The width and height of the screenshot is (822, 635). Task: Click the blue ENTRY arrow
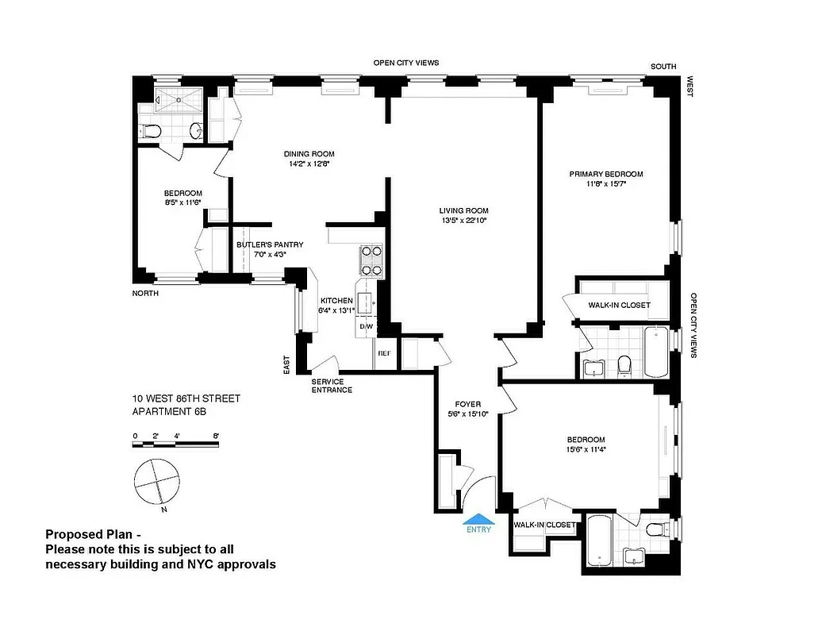(x=479, y=520)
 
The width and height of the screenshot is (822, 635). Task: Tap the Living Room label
(x=463, y=210)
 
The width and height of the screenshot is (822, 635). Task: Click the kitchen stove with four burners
(x=371, y=260)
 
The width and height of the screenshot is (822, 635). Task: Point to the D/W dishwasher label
(x=367, y=327)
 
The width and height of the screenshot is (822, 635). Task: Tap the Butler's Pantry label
(x=270, y=245)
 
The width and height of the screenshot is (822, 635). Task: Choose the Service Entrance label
(x=332, y=386)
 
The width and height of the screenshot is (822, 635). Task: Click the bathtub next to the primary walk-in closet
(x=656, y=351)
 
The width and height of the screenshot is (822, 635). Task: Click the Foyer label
(x=468, y=404)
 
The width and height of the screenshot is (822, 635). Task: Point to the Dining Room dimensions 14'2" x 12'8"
(x=309, y=164)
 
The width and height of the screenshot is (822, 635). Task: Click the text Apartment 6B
(x=171, y=411)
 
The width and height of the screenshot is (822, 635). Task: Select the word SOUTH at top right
(x=663, y=67)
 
